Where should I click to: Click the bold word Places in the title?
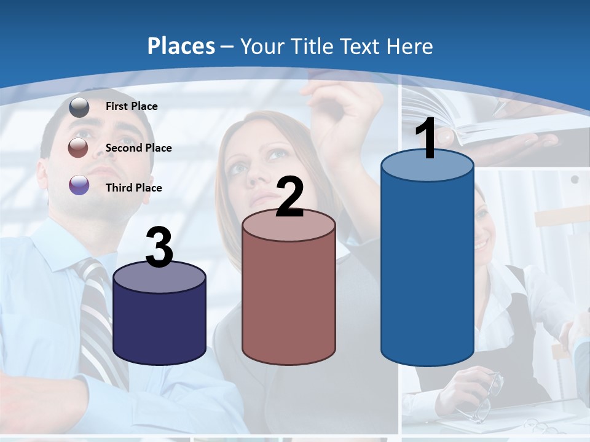tap(181, 46)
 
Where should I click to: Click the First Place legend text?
tap(132, 106)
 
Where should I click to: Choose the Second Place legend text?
tap(138, 148)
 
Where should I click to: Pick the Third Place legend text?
tap(133, 188)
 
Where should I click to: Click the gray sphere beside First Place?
tap(79, 107)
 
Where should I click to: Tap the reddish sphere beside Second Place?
tap(79, 147)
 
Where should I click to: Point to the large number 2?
tap(289, 197)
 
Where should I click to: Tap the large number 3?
tap(160, 249)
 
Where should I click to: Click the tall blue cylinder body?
tap(427, 270)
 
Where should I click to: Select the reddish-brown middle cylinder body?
tap(289, 301)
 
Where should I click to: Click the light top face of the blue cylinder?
tap(427, 166)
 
